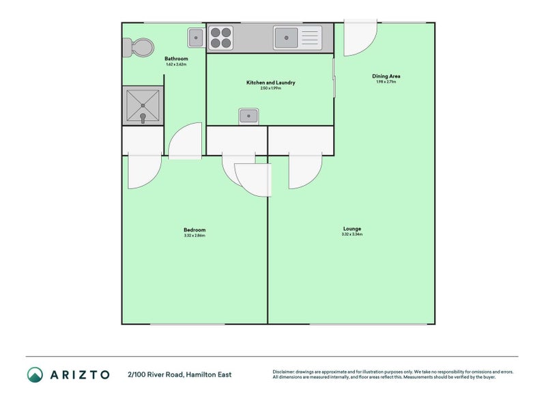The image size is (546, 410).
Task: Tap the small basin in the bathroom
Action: click(x=196, y=37)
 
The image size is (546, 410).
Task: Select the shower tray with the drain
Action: click(x=143, y=105)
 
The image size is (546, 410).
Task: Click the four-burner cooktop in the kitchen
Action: click(x=220, y=37)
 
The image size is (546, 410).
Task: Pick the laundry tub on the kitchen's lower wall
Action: click(x=248, y=116)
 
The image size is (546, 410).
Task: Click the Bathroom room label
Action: click(x=176, y=59)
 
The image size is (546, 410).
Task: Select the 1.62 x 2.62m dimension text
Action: click(x=176, y=65)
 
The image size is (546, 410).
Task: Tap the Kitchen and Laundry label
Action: click(x=270, y=83)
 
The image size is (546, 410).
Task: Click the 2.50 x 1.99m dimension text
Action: click(x=270, y=89)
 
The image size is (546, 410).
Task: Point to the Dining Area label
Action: click(x=386, y=76)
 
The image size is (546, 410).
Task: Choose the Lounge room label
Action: click(x=352, y=228)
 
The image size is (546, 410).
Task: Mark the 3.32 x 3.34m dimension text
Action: click(x=352, y=234)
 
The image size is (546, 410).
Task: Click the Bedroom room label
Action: click(x=195, y=230)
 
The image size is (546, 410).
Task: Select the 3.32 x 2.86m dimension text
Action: click(x=195, y=236)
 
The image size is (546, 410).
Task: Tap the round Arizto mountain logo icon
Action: click(x=35, y=374)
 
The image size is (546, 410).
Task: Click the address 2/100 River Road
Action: click(x=179, y=374)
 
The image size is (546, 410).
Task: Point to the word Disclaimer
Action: click(x=285, y=372)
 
